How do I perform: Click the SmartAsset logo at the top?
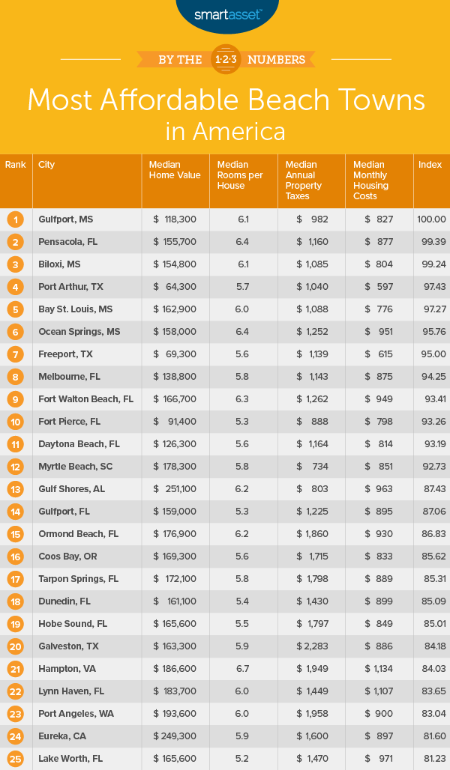click(224, 13)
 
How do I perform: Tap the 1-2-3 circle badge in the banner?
click(225, 59)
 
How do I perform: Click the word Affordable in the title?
click(224, 100)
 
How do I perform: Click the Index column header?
click(430, 165)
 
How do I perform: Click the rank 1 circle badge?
click(16, 219)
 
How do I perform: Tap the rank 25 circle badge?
click(16, 759)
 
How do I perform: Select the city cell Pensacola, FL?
click(68, 242)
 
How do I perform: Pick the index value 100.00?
click(431, 219)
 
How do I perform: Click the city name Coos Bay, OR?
click(67, 557)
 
